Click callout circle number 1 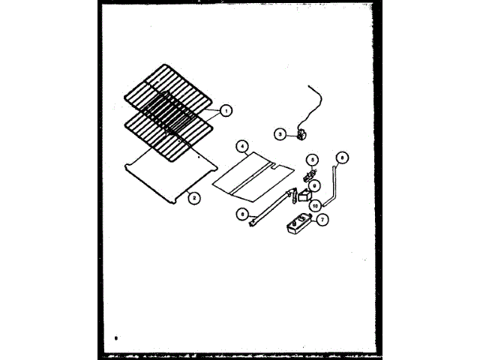226,110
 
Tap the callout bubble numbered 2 193,198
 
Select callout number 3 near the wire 279,135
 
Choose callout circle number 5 313,159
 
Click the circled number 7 322,220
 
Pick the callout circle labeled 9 315,185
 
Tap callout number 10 316,204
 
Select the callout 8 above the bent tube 342,157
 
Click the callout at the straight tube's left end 242,213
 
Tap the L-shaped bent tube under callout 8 334,187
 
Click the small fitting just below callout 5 307,175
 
